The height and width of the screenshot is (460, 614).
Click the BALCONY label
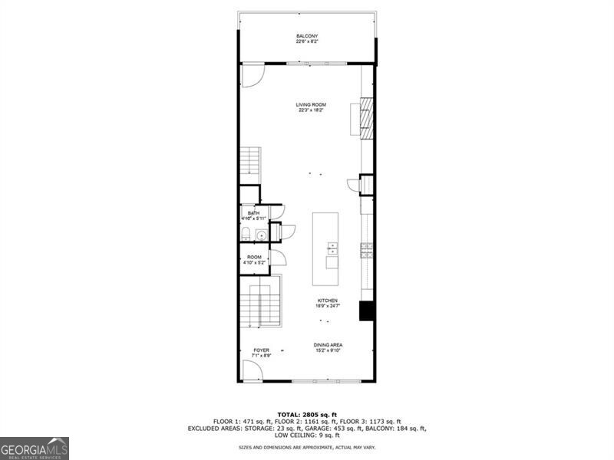pyautogui.click(x=307, y=36)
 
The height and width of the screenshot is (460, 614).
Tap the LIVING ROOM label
pyautogui.click(x=312, y=104)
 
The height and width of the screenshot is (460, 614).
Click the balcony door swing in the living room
pyautogui.click(x=253, y=74)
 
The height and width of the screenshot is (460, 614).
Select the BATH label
pyautogui.click(x=253, y=212)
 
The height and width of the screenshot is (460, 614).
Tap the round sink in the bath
pyautogui.click(x=261, y=235)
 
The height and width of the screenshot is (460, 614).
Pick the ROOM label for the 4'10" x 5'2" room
pyautogui.click(x=254, y=257)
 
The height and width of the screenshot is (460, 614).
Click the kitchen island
pyautogui.click(x=326, y=249)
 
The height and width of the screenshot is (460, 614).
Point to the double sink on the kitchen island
pyautogui.click(x=332, y=248)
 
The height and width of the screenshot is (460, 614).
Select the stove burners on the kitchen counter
pyautogui.click(x=367, y=249)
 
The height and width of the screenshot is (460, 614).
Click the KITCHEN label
pyautogui.click(x=328, y=301)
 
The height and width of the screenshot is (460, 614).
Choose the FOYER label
pyautogui.click(x=261, y=350)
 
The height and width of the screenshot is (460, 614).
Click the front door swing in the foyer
pyautogui.click(x=252, y=370)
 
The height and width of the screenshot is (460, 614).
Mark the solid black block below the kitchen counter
pyautogui.click(x=366, y=310)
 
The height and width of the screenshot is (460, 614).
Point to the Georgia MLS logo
pyautogui.click(x=35, y=448)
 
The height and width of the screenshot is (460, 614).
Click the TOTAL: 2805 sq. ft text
pyautogui.click(x=307, y=413)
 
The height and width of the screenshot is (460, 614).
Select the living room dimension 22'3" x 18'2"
pyautogui.click(x=312, y=110)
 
